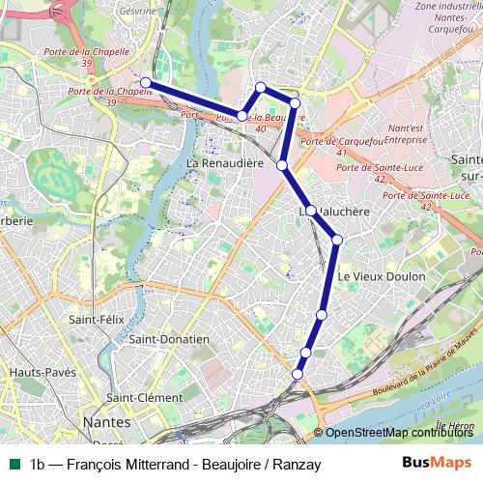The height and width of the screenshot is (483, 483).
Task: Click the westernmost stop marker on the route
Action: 146,82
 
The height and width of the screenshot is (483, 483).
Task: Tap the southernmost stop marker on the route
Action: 298,374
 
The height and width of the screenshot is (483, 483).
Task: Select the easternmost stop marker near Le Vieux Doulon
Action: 337,240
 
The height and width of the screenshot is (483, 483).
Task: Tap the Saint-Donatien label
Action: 169,339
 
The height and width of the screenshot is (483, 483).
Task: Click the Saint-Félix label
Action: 94,319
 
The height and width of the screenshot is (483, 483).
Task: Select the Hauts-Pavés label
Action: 37,372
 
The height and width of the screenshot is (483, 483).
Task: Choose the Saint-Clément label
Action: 145,397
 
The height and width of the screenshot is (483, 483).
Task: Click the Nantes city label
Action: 108,421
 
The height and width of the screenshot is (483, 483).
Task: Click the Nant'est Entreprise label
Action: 405,133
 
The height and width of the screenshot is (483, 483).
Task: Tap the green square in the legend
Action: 14,464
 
